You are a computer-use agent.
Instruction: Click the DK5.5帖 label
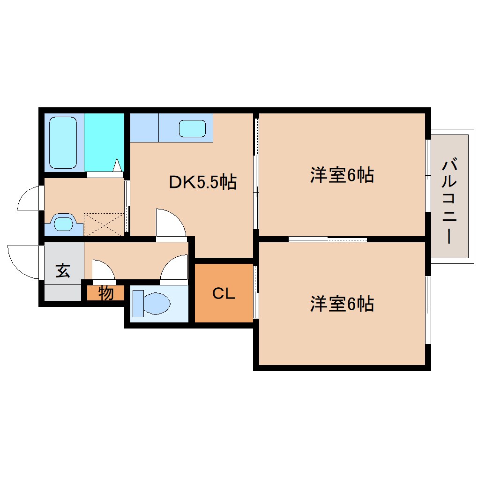point(202,182)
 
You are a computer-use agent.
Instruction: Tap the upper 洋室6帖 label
point(342,175)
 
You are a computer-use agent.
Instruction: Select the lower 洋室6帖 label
point(342,304)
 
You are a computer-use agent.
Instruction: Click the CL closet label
point(224,294)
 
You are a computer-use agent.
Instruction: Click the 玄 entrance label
point(63,270)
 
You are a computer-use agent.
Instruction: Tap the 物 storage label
point(106,293)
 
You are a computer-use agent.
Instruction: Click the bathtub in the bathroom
point(63,142)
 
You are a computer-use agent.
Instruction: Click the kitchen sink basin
point(192,128)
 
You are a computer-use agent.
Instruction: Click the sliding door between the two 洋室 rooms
point(328,239)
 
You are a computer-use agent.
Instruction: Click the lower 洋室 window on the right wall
point(428,309)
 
